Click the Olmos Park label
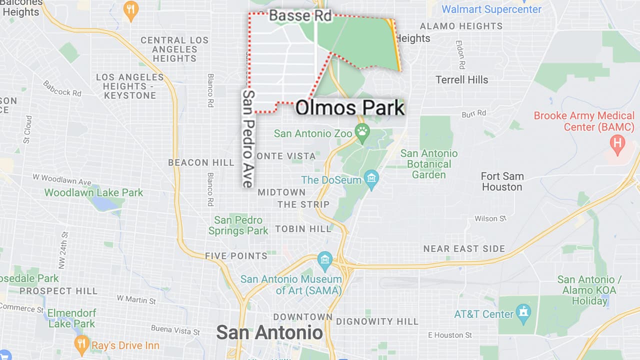tap(349, 108)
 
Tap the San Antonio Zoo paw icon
tap(362, 131)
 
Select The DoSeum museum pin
tap(371, 178)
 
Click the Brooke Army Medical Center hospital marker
tap(618, 144)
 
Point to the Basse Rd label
tap(300, 16)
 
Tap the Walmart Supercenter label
tap(491, 9)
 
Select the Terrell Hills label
tap(461, 79)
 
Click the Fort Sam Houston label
tap(502, 181)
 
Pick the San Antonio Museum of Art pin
tap(325, 259)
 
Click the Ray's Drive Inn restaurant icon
tap(81, 343)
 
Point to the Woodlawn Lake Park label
tap(93, 192)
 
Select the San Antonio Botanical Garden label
tap(429, 164)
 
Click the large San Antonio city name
tap(269, 332)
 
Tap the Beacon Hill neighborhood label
tap(201, 162)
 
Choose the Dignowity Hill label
tap(377, 321)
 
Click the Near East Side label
tap(464, 248)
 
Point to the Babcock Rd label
tap(62, 88)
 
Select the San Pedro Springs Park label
tap(238, 225)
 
